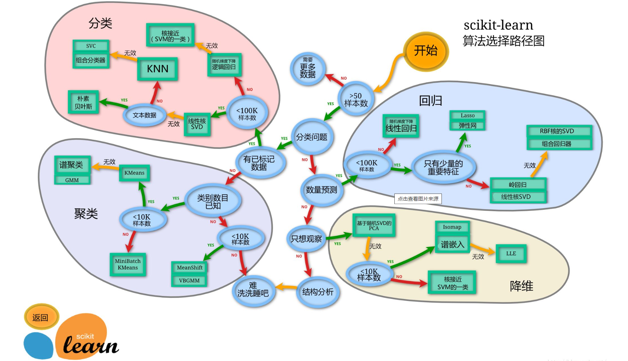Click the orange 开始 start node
426,51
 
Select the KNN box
157,69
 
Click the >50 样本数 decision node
356,99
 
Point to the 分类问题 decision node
312,137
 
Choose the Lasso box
467,116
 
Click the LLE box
511,254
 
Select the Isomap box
452,227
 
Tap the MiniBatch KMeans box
128,264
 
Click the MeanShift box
190,267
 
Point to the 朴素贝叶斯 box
83,102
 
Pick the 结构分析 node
318,292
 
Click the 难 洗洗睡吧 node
253,290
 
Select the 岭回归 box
518,185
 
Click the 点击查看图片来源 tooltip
418,199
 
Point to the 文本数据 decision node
145,115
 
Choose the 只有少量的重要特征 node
444,167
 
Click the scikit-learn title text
498,25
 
